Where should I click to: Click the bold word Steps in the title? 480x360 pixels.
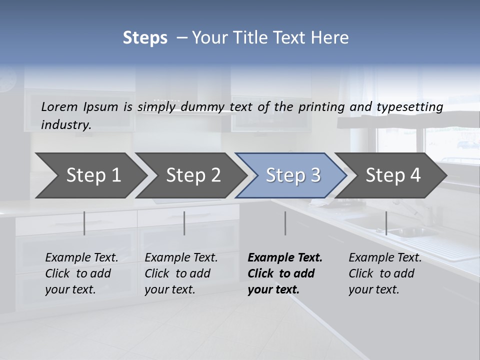145,38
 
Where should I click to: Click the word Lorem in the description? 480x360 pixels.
59,106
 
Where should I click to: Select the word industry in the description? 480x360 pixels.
66,125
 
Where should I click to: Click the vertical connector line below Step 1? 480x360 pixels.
84,223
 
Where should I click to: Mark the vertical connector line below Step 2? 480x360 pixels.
184,223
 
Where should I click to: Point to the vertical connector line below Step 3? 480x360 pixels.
285,223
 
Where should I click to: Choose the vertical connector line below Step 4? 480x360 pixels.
386,223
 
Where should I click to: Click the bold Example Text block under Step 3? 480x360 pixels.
285,273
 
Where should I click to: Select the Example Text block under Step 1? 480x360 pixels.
81,273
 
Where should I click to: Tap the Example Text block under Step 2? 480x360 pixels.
181,273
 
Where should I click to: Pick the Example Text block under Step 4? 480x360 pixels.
385,273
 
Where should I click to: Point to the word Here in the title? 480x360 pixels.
333,38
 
